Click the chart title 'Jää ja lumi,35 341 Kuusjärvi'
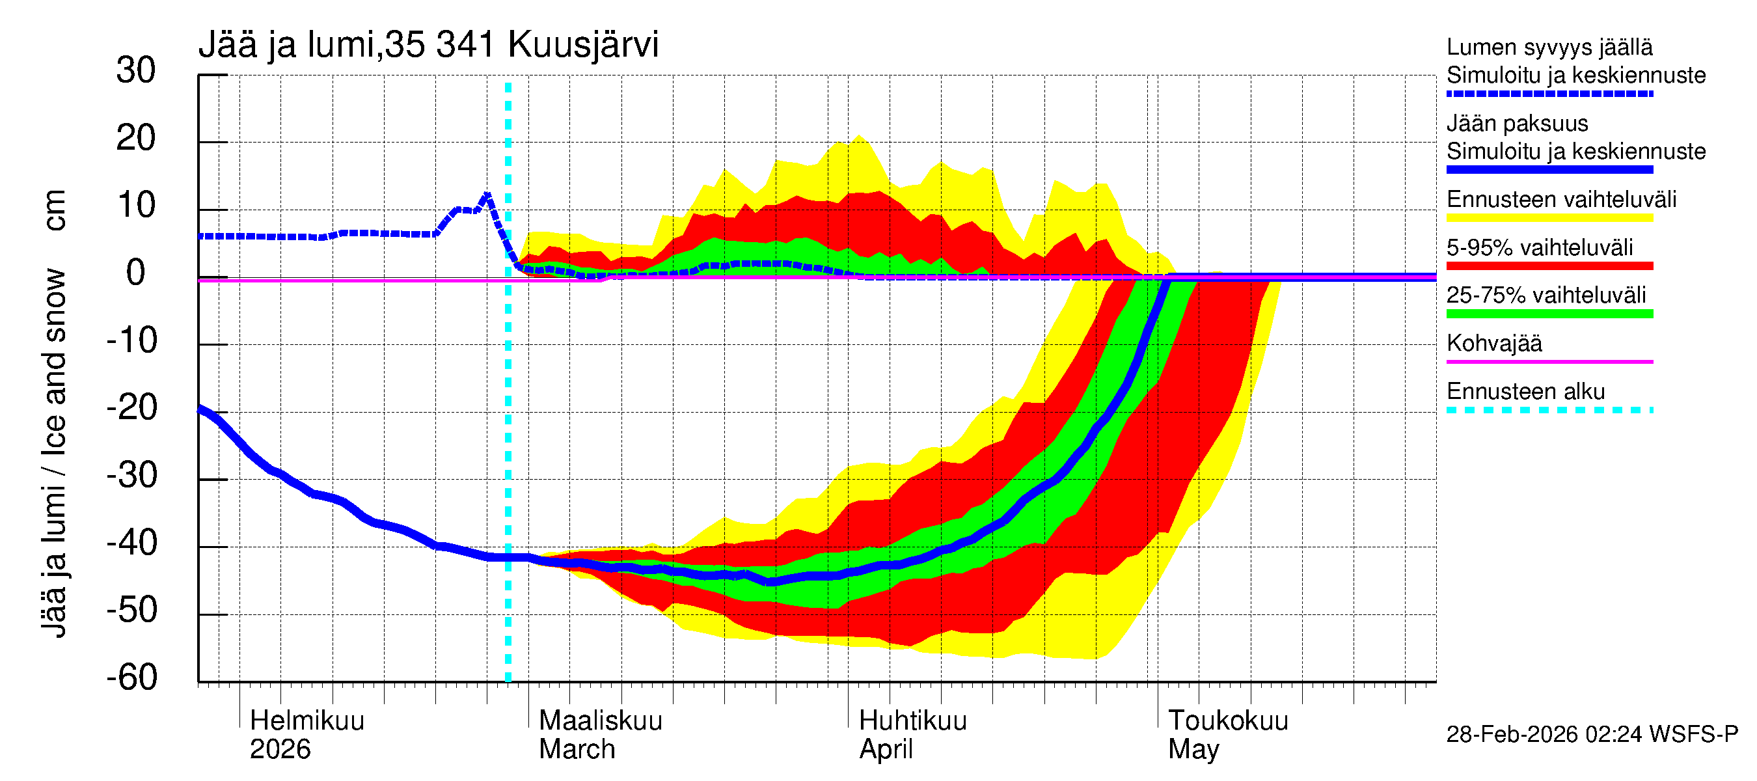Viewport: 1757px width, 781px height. [428, 45]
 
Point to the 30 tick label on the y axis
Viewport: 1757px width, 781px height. [136, 70]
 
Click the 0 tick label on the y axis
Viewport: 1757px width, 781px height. [136, 273]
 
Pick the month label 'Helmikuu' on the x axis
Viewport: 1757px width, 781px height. [307, 721]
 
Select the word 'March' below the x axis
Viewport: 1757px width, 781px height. [577, 750]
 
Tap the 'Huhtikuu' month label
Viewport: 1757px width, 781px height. [912, 721]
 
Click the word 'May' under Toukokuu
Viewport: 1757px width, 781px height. [1193, 750]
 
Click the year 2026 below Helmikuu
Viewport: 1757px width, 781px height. [280, 750]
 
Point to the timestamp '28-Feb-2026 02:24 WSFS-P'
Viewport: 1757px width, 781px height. [1592, 735]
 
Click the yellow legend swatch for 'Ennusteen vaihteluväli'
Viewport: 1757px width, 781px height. [1549, 218]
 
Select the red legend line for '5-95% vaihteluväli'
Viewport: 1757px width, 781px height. [1549, 266]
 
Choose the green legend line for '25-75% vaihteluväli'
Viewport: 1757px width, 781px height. [1549, 314]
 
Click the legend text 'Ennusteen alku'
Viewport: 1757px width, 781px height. [1525, 392]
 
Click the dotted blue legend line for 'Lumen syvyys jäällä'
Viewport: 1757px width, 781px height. [1549, 94]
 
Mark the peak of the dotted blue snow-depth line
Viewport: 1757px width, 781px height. [487, 195]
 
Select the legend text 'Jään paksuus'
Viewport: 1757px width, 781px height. [1517, 124]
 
